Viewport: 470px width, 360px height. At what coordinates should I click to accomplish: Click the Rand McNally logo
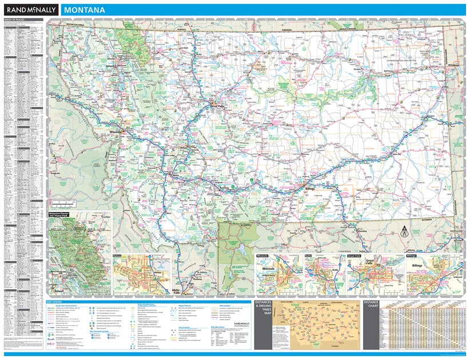click(x=30, y=10)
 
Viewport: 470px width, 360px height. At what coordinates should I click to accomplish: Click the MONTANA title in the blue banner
click(x=84, y=10)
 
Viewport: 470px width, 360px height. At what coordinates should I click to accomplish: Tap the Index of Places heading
click(x=15, y=20)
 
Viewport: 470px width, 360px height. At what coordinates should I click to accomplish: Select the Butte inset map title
click(x=308, y=257)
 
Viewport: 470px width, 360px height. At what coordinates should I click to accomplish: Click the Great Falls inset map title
click(x=355, y=257)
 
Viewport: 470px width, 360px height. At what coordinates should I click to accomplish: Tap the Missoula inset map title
click(x=263, y=257)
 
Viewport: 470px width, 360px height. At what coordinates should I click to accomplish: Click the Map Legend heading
click(x=58, y=302)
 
